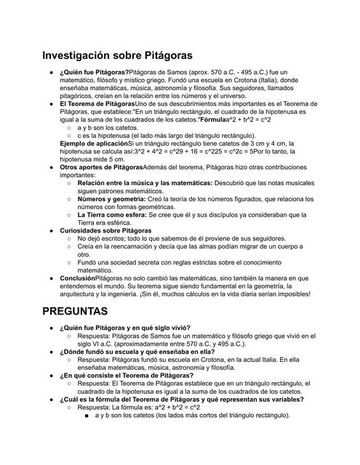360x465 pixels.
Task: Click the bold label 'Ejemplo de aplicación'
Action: click(93, 144)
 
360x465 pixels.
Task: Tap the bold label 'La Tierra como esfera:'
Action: click(112, 215)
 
